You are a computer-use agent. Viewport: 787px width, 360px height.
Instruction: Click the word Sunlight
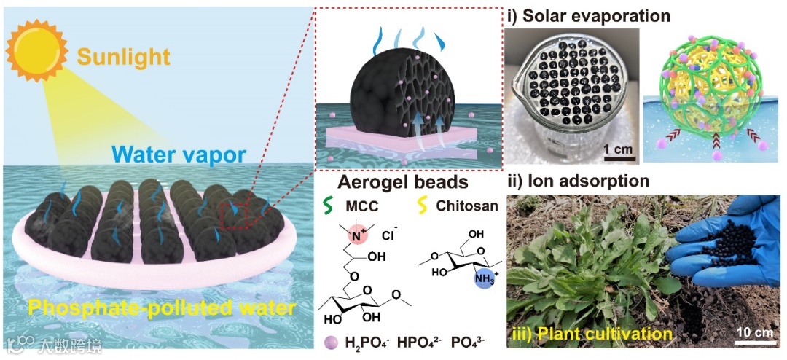123,56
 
